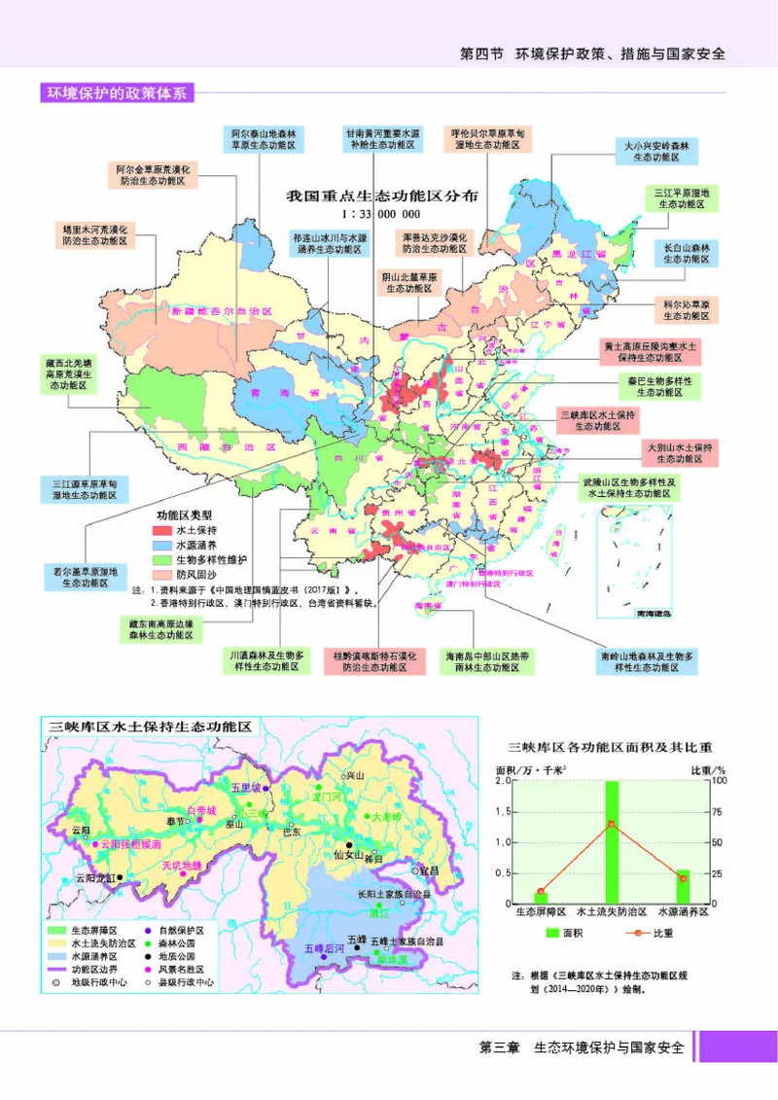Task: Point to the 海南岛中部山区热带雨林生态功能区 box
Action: [x=485, y=662]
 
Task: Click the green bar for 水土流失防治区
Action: [x=612, y=842]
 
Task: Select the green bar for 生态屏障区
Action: [x=541, y=898]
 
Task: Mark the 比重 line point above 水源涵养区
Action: [x=683, y=878]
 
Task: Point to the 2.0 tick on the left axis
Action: [x=504, y=781]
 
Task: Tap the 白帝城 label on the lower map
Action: [x=200, y=809]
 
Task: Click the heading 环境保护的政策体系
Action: [x=116, y=93]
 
